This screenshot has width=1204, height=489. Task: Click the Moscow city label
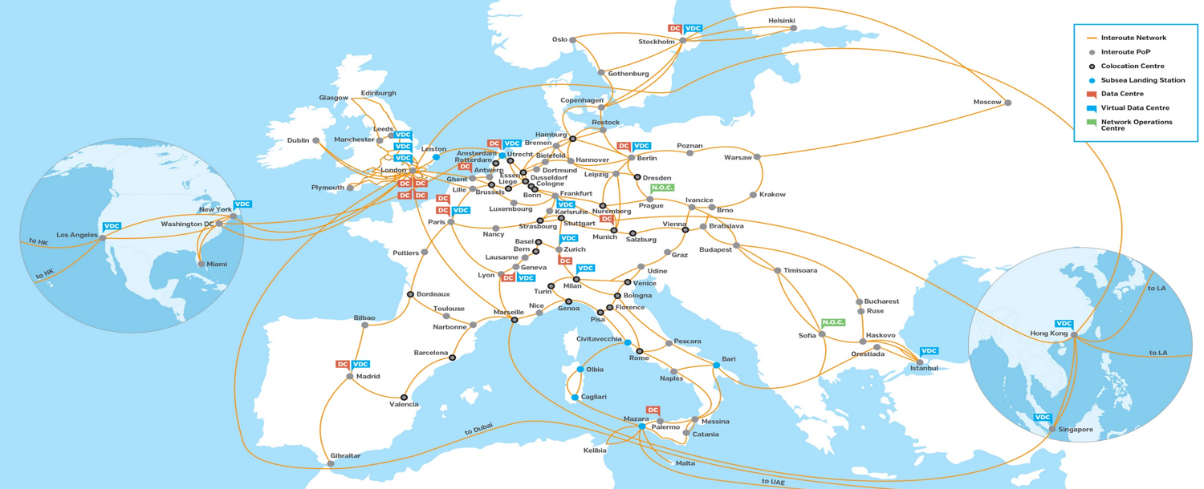(986, 103)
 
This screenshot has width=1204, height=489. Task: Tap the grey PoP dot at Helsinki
(794, 29)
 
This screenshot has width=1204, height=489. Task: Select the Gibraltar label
(345, 455)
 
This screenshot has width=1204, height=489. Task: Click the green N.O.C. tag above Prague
(662, 188)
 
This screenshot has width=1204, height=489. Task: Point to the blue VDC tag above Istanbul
(929, 351)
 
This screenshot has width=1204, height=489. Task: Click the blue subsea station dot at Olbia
(581, 370)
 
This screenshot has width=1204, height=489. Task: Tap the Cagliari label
(593, 397)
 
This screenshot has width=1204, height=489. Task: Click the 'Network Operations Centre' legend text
(1137, 125)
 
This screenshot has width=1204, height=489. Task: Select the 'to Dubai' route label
(478, 430)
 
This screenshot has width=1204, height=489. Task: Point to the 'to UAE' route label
(773, 481)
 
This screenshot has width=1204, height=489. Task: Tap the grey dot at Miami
(201, 264)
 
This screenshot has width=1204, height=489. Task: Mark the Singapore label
(1076, 430)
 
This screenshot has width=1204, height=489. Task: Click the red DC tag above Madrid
(343, 365)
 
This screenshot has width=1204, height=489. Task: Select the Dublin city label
(298, 140)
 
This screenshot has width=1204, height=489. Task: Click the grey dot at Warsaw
(757, 157)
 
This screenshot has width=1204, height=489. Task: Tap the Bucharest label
(882, 301)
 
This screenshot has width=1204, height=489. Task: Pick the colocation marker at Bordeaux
(410, 294)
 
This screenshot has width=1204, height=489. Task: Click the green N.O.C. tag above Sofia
(832, 322)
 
